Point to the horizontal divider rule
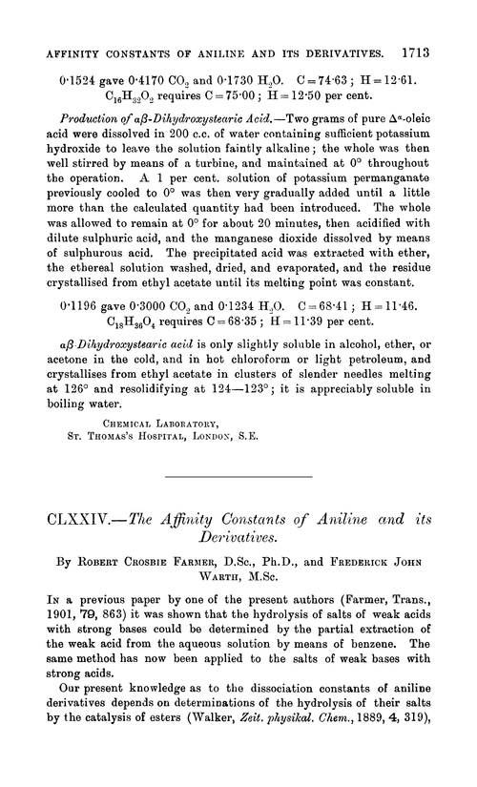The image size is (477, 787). tap(238, 503)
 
